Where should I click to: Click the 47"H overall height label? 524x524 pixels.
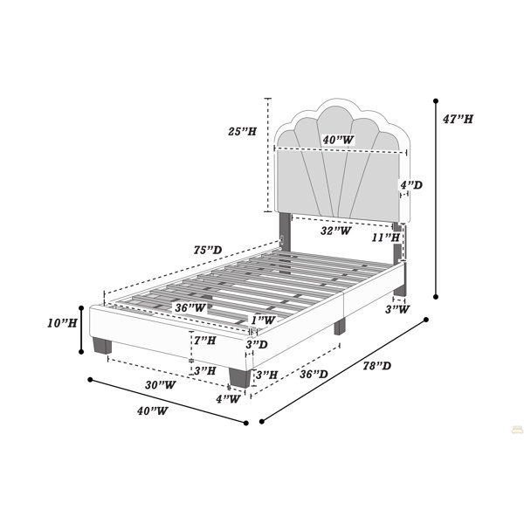458,119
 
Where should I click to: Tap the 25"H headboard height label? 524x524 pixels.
242,131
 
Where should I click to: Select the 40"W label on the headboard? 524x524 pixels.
338,140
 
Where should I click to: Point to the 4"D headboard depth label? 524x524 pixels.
411,185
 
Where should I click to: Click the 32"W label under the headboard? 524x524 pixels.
336,231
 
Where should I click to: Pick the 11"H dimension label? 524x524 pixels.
386,238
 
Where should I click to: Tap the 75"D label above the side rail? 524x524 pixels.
208,250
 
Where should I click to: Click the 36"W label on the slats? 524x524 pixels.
190,307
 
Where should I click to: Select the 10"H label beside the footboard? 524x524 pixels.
62,323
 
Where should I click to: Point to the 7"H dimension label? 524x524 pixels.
205,341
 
